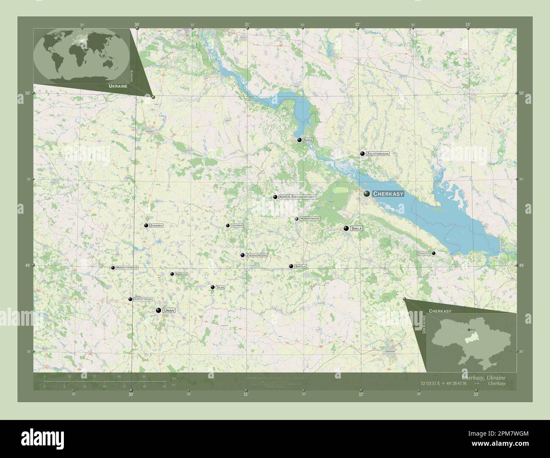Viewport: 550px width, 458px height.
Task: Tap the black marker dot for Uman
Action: coord(158,311)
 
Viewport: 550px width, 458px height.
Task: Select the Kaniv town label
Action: coord(308,140)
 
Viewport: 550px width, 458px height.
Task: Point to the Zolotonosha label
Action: coord(378,154)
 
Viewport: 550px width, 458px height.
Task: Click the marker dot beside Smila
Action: coord(346,229)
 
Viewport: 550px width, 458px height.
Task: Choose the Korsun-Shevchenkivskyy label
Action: coord(297,197)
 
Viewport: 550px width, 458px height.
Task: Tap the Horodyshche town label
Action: coord(310,218)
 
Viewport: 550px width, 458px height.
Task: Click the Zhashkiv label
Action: coord(156,226)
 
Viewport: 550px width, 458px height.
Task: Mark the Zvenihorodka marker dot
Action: coord(242,255)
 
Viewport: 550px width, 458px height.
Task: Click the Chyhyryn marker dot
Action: coord(434,253)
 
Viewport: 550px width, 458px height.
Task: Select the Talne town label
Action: coord(220,287)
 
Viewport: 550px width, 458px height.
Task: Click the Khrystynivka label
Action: coord(143,299)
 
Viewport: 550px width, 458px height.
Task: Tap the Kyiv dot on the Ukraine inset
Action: coord(469,330)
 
